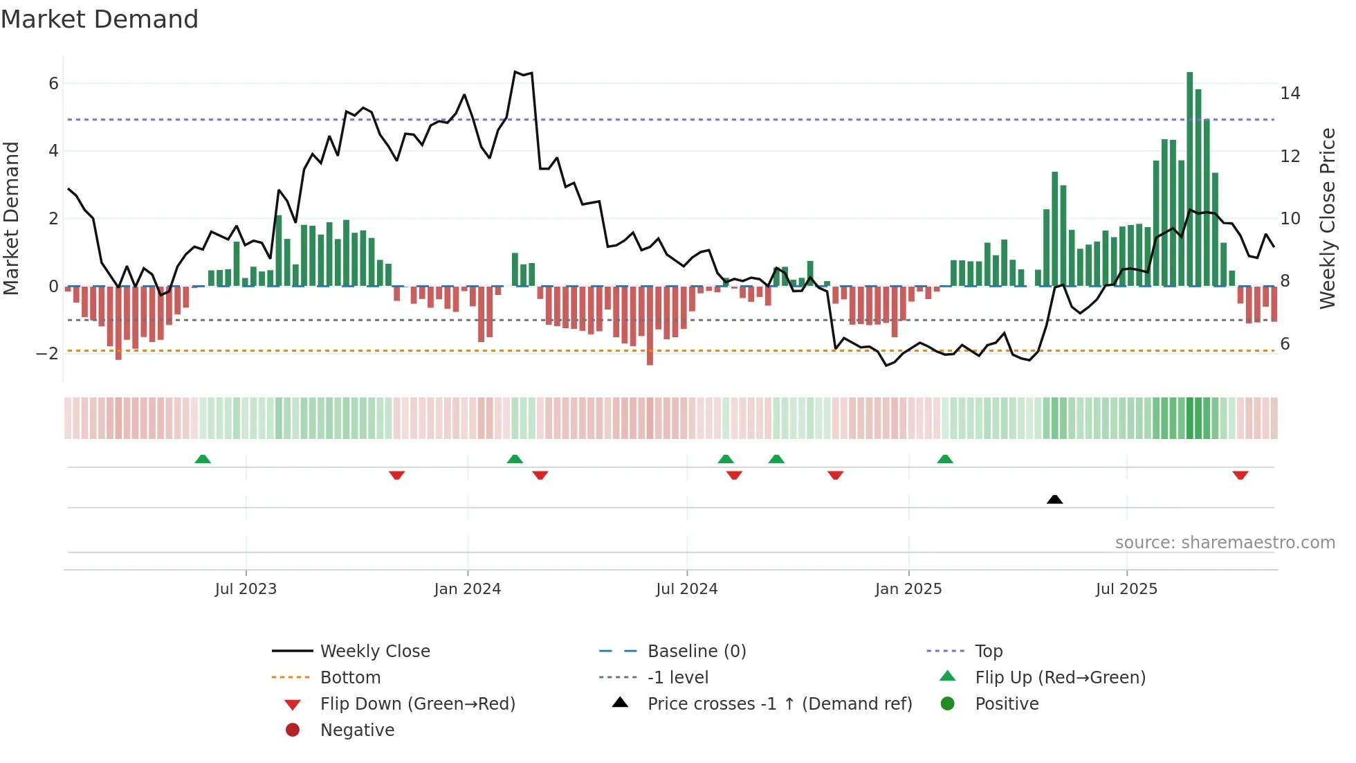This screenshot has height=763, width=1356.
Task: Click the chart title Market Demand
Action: (100, 19)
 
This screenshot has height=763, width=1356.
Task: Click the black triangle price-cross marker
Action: (1054, 499)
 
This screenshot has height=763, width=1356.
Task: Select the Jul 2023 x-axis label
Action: (246, 589)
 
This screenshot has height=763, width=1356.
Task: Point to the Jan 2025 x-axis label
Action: (908, 589)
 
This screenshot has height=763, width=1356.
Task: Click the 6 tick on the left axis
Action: (53, 84)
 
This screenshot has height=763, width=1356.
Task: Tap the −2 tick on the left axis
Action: (47, 354)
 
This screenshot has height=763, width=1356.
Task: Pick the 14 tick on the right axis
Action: (1290, 93)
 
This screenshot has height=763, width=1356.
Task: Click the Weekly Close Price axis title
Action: (1327, 218)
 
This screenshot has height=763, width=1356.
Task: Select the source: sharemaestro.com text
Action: (1225, 543)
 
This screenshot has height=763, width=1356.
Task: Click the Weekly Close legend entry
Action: (374, 652)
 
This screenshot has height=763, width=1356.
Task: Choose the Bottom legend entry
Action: (350, 678)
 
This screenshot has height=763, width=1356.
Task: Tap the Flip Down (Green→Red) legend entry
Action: (417, 704)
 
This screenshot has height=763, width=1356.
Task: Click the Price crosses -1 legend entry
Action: (779, 704)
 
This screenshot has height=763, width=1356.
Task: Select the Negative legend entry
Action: (357, 730)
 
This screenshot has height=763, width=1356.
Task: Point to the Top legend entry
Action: (988, 652)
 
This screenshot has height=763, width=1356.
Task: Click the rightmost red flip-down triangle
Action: (1240, 475)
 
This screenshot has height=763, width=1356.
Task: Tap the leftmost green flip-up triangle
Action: (202, 459)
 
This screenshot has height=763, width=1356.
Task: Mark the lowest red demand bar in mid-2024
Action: (650, 325)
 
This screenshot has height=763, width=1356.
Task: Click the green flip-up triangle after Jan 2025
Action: (944, 459)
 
